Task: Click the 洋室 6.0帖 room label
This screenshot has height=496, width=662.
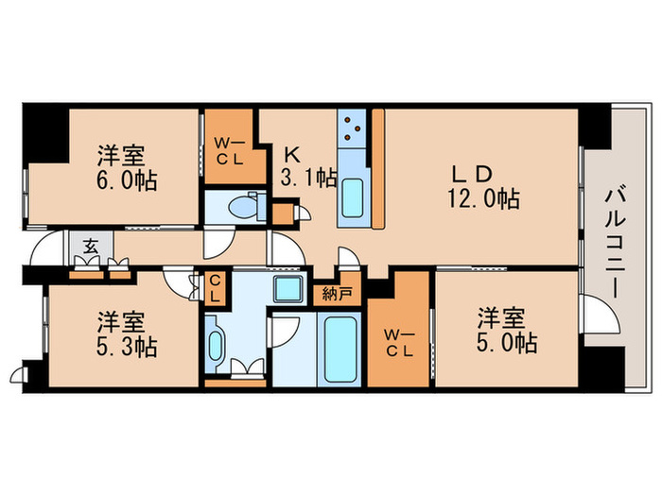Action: [125, 167]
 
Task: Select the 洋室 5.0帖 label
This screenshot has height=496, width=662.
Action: [506, 329]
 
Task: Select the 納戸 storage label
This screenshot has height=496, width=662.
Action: [338, 293]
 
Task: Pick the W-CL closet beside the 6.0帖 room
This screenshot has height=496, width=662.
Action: [228, 151]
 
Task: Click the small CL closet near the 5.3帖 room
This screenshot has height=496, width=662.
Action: [216, 286]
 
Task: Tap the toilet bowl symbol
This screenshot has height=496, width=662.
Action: [248, 205]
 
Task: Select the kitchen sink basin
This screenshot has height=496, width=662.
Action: [354, 197]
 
